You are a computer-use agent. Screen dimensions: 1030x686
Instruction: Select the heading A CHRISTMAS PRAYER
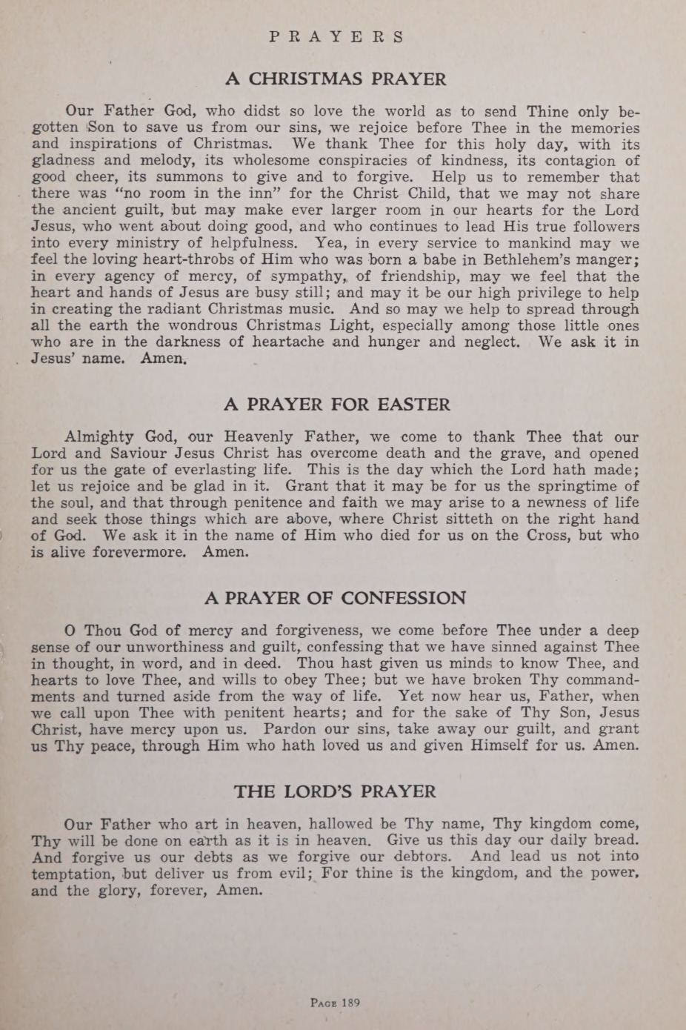click(336, 79)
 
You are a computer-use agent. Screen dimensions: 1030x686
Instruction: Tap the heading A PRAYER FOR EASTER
click(336, 405)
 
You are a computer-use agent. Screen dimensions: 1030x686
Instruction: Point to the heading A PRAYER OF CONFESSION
click(336, 598)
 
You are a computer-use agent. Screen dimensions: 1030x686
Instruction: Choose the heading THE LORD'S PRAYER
click(336, 791)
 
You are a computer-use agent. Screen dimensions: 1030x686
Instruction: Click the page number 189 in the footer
click(335, 1003)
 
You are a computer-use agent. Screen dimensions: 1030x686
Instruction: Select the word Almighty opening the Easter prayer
click(99, 437)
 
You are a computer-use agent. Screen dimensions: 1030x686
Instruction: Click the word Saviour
click(152, 453)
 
